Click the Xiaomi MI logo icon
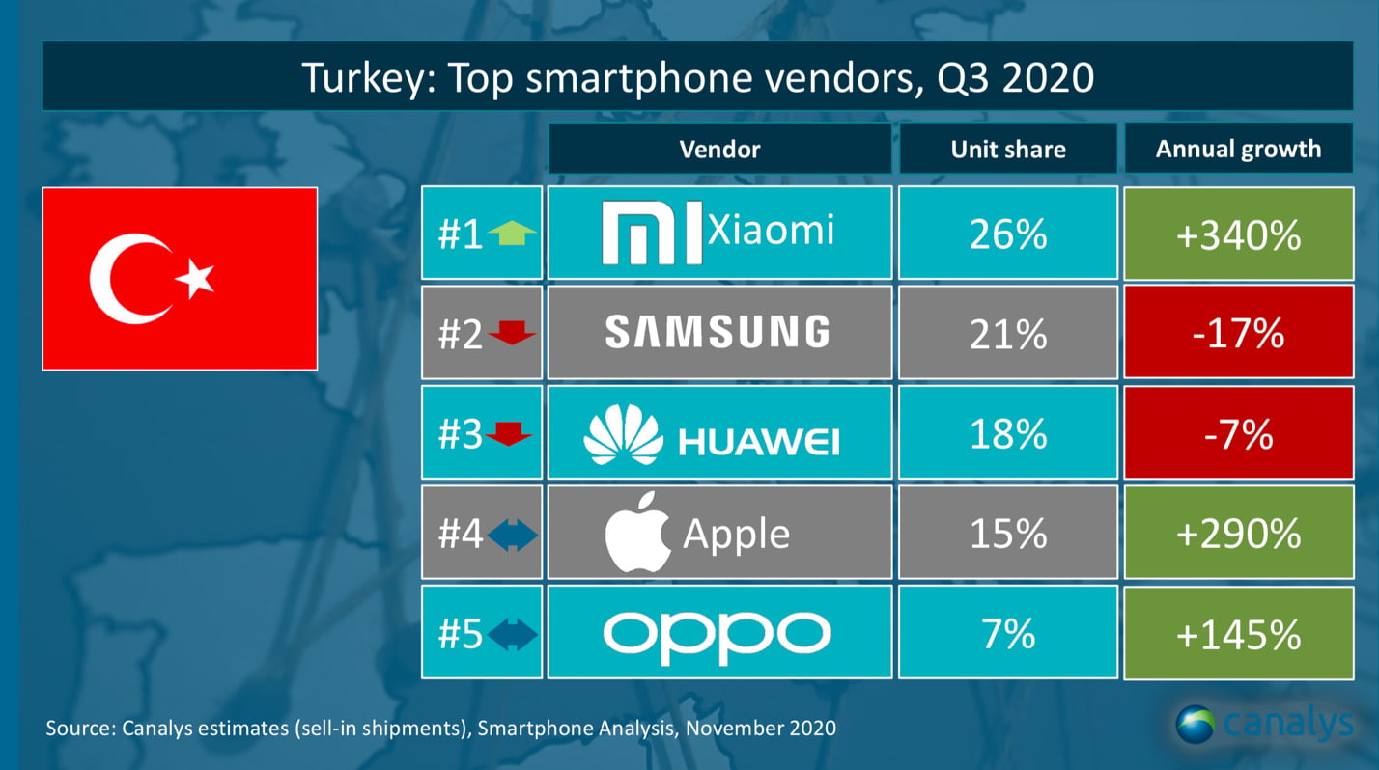[651, 234]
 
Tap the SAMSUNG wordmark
[718, 332]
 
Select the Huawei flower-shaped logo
[624, 435]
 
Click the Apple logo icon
[637, 534]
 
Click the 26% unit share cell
[1007, 234]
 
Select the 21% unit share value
[1007, 333]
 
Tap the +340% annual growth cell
[1238, 234]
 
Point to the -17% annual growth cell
[1238, 333]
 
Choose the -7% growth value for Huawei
[1238, 433]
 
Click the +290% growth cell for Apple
[1238, 534]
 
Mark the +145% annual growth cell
[1238, 634]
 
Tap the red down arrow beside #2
[512, 334]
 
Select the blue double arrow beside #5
[512, 634]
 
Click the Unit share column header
[1007, 149]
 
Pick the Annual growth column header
[1238, 149]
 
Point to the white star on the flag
[196, 279]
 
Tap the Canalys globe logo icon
[1196, 725]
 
